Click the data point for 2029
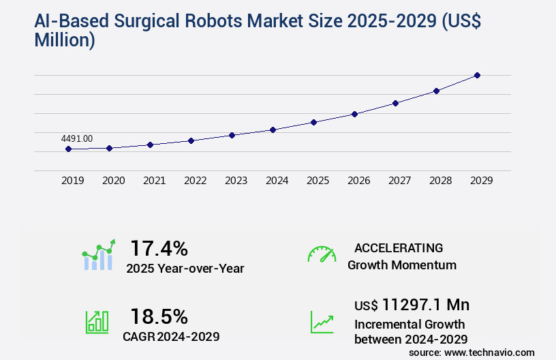pos(477,75)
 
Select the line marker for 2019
pos(68,149)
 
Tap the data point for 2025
pos(313,122)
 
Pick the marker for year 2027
pos(395,103)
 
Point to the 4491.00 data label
pos(76,138)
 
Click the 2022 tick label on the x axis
pos(195,181)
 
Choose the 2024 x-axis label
pos(277,181)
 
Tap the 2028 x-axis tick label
pos(440,181)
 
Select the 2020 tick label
pos(113,181)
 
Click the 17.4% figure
pos(159,248)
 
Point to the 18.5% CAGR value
pos(159,316)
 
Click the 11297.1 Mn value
pos(425,304)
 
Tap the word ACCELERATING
pos(399,248)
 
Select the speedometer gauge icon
pos(322,254)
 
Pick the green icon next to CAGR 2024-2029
pos(97,322)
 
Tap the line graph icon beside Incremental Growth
pos(322,322)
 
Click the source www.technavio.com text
pos(472,352)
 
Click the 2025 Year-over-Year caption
pos(185,269)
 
